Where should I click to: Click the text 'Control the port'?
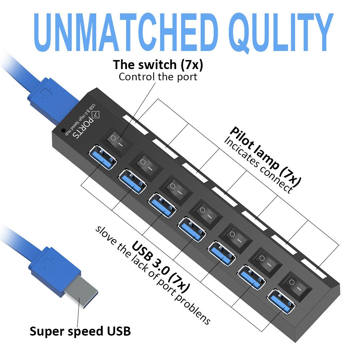tap(158, 77)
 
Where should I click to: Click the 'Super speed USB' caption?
tap(80, 331)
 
